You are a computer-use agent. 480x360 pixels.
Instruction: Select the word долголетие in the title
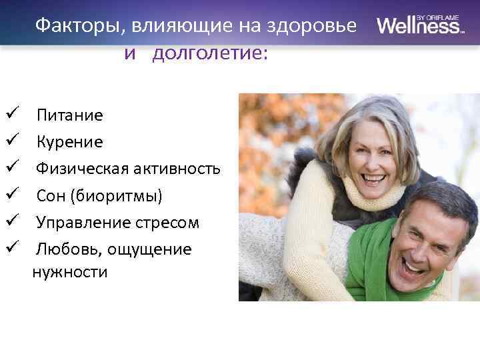click(210, 53)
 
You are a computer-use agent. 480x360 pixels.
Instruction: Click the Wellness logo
click(420, 25)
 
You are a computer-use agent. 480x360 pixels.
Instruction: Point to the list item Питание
click(69, 115)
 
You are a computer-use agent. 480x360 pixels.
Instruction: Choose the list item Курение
click(69, 142)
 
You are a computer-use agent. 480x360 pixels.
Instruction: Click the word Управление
click(83, 222)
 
